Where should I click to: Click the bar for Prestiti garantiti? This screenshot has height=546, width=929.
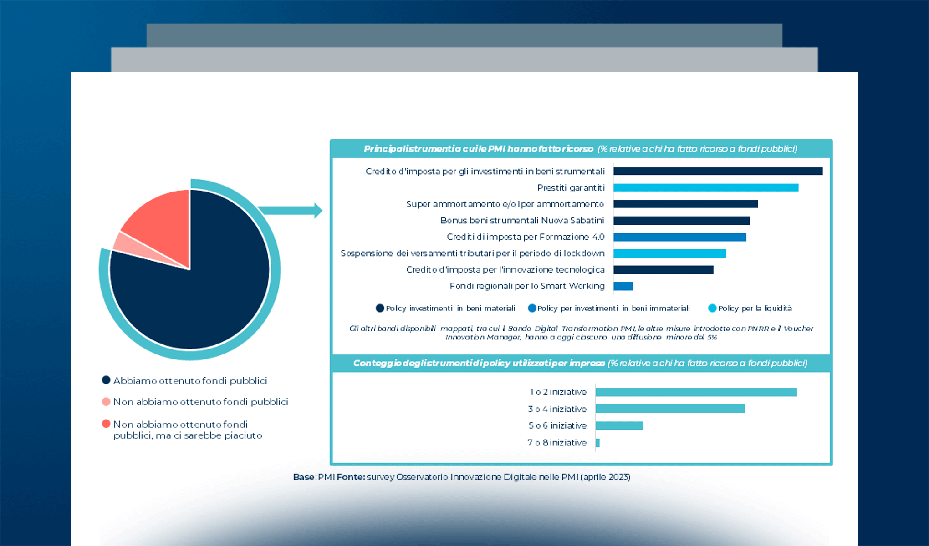(705, 187)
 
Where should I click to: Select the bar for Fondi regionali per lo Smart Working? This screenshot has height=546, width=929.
(623, 286)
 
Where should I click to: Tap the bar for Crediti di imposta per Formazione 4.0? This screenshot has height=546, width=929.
(679, 237)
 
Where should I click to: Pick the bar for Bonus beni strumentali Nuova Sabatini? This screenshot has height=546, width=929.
(681, 221)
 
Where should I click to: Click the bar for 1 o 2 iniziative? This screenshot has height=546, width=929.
(696, 392)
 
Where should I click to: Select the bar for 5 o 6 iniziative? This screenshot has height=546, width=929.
(619, 425)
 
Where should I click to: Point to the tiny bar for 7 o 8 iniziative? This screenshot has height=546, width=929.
(597, 443)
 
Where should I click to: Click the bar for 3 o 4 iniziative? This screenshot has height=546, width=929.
(669, 409)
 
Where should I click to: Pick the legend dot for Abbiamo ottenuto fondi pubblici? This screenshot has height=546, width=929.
(106, 380)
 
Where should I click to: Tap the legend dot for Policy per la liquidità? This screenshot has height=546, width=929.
(712, 308)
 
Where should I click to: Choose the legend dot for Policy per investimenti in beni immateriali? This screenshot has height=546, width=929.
(531, 308)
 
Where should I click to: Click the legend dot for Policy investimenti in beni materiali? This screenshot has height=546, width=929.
(380, 308)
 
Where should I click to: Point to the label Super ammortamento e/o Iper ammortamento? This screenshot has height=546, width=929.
(505, 204)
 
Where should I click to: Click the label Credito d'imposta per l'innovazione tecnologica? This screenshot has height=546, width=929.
(505, 270)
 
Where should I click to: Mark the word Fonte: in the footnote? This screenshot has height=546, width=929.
(351, 477)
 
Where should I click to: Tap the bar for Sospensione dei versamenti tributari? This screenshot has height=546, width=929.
(669, 253)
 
